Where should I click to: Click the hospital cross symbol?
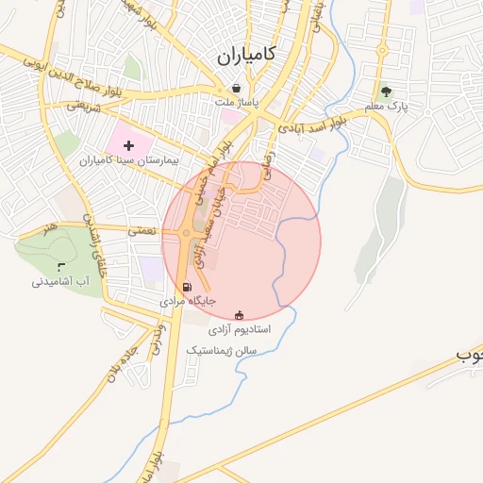129,145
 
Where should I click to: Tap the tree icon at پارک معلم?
385,92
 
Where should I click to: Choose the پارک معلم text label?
390,108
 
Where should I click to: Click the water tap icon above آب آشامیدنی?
61,266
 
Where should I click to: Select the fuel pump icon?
186,287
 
